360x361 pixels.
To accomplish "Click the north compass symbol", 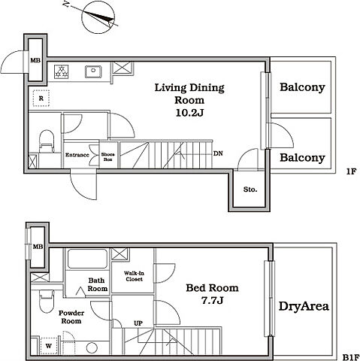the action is [x=98, y=17].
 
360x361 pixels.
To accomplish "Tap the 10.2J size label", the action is [x=189, y=113].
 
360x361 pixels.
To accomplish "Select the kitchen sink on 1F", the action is [x=93, y=71].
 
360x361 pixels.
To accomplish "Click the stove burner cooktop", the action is [x=62, y=71].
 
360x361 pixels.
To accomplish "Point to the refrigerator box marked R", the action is [x=41, y=99].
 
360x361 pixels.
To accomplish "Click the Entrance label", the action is [x=77, y=155].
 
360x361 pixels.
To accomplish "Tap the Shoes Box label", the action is [x=108, y=156].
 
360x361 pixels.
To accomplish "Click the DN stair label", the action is [x=218, y=153].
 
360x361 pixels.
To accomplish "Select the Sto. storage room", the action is [x=250, y=190].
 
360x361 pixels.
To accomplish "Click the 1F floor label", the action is [x=351, y=171].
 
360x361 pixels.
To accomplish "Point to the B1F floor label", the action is [x=351, y=357].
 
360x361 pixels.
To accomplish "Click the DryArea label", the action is [x=304, y=306].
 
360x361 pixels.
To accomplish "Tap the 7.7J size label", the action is [x=212, y=300].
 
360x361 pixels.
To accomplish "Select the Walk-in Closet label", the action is [x=134, y=276].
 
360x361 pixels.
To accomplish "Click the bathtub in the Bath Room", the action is [x=87, y=259].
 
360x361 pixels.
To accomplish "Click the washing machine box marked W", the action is [x=49, y=346].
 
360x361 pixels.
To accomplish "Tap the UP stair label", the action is [x=138, y=323].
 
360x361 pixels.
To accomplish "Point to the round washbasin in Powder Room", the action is [x=92, y=348].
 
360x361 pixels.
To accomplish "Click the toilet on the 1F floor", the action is [x=47, y=141].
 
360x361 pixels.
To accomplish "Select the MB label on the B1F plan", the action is [x=38, y=247].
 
